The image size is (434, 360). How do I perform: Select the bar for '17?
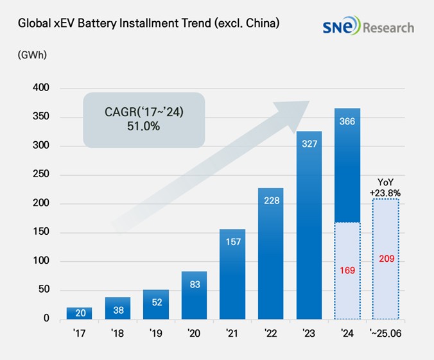tap(79, 313)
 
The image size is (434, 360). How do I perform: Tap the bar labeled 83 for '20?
tap(194, 295)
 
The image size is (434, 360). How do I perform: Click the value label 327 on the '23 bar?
tap(309, 144)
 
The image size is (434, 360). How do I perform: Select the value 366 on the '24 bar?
tap(347, 121)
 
